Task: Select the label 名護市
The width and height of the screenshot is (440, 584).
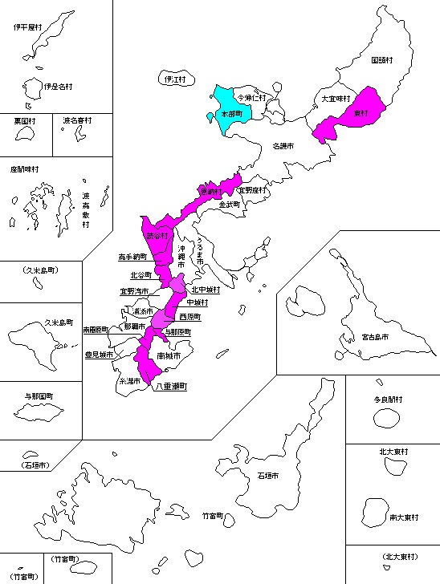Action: [x=283, y=147]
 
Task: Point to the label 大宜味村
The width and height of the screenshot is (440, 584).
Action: [x=333, y=98]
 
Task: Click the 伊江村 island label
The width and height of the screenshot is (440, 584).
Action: [x=174, y=79]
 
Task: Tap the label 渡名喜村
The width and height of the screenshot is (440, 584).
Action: [x=77, y=120]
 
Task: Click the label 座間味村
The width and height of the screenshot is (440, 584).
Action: [x=25, y=169]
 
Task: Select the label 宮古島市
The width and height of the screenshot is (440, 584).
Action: [x=374, y=338]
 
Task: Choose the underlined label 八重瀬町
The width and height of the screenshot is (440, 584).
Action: [x=170, y=386]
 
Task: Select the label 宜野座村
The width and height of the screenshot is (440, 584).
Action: [x=252, y=190]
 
